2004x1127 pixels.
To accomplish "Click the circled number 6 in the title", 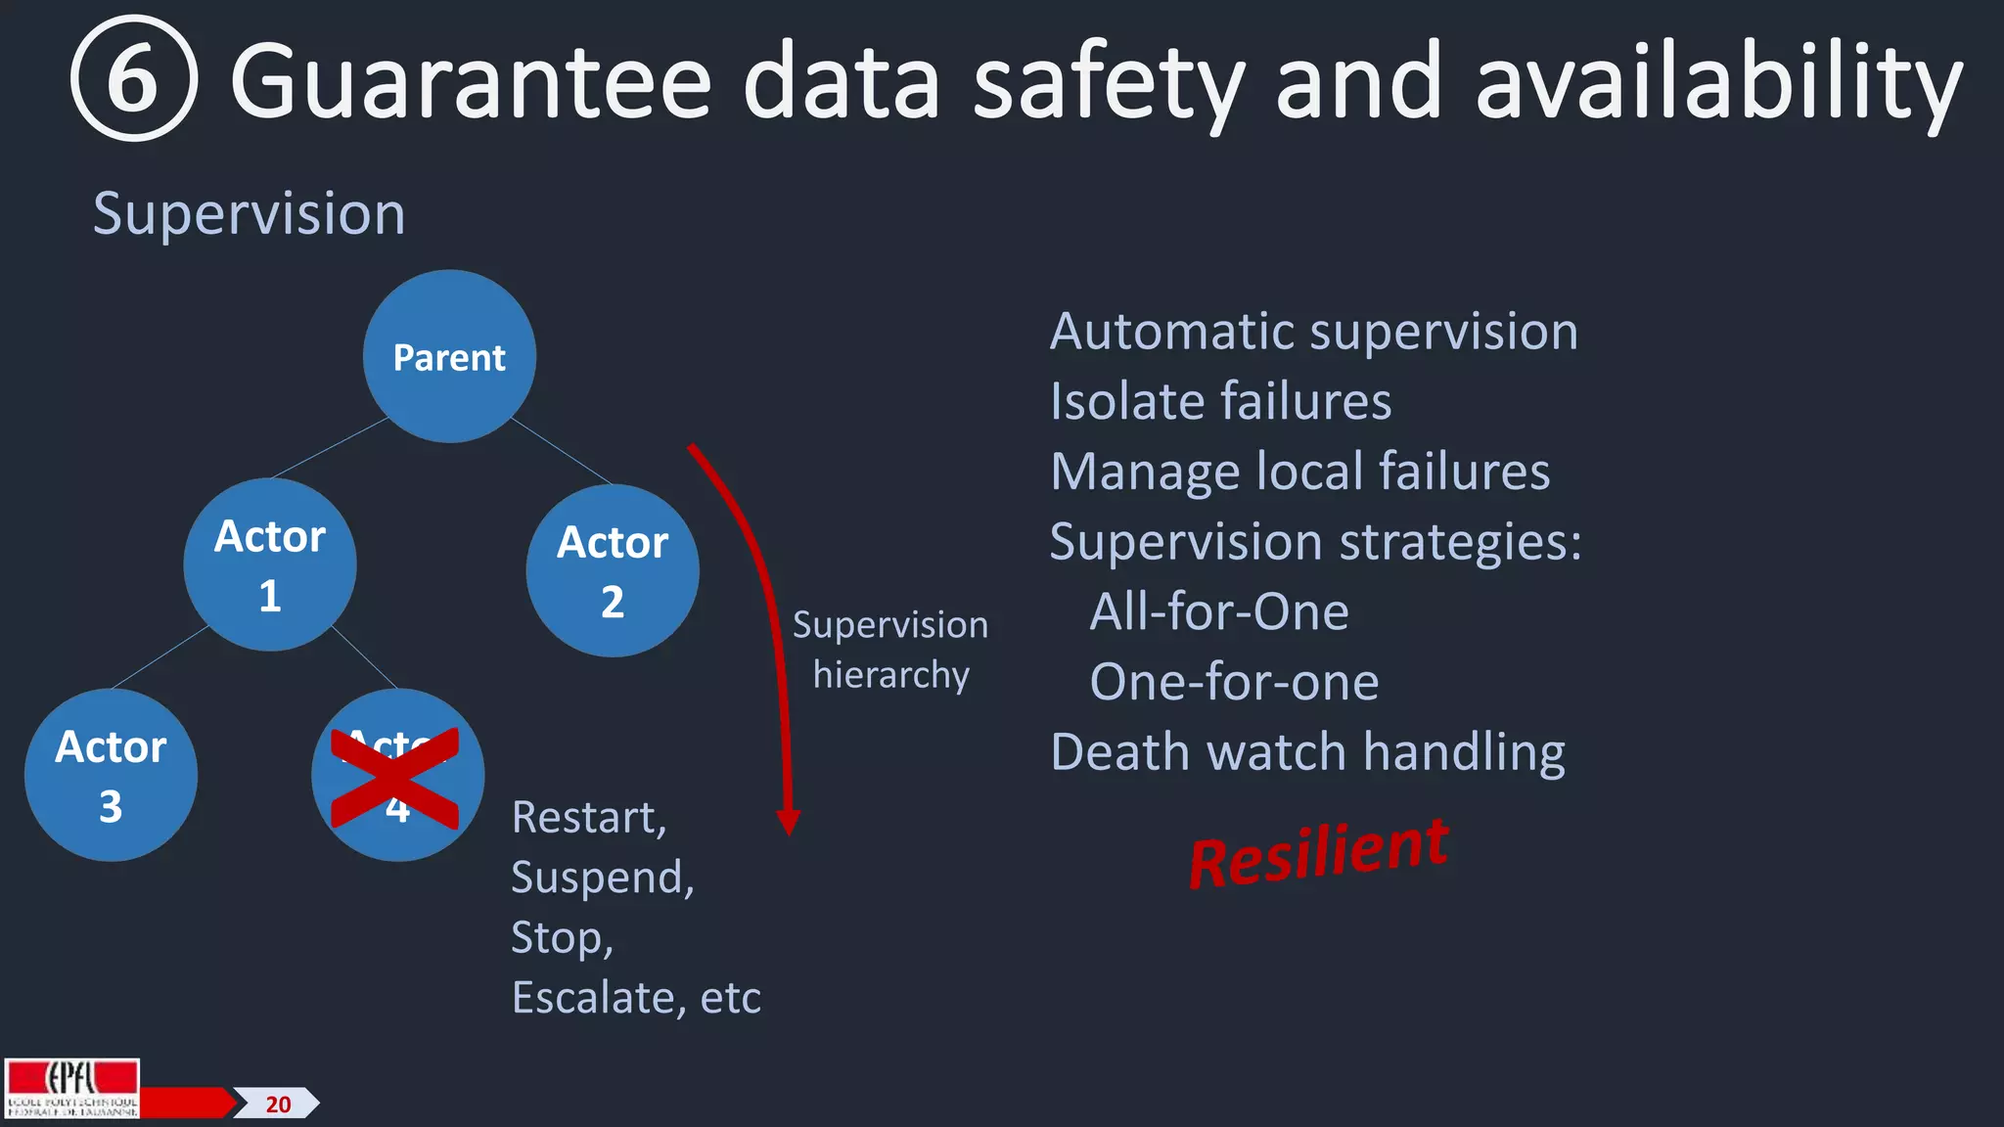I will point(134,79).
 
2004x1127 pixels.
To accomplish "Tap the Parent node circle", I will point(449,357).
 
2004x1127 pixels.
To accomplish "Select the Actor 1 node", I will point(270,565).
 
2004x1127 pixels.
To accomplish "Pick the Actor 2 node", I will point(613,571).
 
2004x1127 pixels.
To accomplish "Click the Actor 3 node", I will point(111,776).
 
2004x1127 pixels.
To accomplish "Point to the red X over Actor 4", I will point(394,779).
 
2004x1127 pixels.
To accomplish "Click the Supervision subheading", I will point(249,214).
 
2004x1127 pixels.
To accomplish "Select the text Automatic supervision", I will point(1313,332).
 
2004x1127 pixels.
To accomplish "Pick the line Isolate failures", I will point(1220,402).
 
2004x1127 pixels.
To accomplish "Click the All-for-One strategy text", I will point(1219,612).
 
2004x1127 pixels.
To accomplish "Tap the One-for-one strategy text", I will point(1234,682).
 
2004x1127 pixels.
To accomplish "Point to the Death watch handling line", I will point(1307,752).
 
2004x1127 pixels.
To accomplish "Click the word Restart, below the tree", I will point(589,818).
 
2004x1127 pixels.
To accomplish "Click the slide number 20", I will point(278,1104).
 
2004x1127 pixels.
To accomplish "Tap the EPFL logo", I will point(72,1088).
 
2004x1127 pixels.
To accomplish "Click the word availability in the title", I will point(1718,83).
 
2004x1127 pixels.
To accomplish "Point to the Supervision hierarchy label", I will point(890,650).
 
